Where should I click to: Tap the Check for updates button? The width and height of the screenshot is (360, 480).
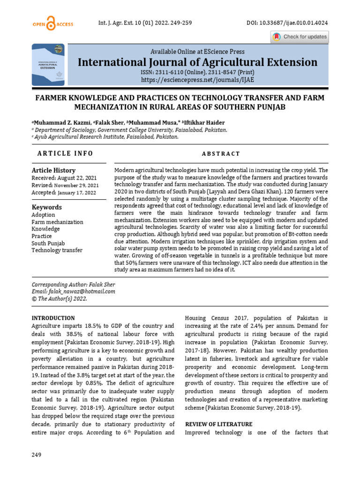click(300, 37)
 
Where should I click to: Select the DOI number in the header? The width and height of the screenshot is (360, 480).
click(287, 23)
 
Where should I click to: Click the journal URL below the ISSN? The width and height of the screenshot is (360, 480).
click(197, 80)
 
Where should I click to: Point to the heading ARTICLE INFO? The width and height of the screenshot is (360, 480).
click(65, 153)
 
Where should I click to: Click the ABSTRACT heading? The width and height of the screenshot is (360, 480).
click(221, 154)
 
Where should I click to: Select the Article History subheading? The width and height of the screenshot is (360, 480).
click(53, 171)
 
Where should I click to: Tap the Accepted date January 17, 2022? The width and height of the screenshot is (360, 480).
click(76, 193)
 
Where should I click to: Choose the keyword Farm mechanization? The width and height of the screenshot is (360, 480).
click(57, 222)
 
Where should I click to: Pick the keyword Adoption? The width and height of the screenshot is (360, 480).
click(43, 215)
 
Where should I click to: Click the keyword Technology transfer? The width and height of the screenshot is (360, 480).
click(57, 250)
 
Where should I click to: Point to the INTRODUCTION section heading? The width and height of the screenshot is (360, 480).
click(53, 318)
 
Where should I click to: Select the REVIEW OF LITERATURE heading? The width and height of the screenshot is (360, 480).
click(219, 424)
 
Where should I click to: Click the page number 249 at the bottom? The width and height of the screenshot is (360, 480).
click(37, 455)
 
